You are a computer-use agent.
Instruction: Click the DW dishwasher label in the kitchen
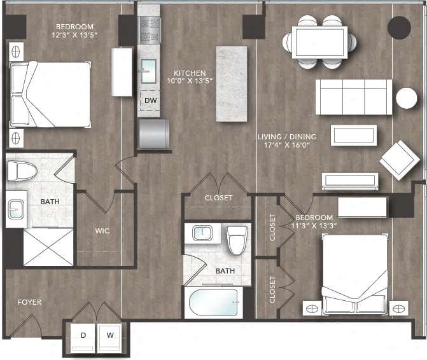pyautogui.click(x=150, y=100)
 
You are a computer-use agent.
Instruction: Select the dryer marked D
pyautogui.click(x=83, y=335)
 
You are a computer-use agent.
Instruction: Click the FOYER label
pyautogui.click(x=29, y=302)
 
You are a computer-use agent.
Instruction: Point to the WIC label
pyautogui.click(x=102, y=231)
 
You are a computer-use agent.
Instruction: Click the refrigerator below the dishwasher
pyautogui.click(x=154, y=134)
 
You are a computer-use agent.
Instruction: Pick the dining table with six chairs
pyautogui.click(x=320, y=41)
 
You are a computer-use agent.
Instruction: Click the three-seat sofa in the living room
pyautogui.click(x=354, y=97)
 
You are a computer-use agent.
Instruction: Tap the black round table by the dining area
pyautogui.click(x=400, y=27)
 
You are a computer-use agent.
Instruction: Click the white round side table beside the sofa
pyautogui.click(x=406, y=98)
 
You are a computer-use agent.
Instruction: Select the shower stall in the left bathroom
pyautogui.click(x=48, y=246)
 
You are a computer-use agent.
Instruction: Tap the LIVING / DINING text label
pyautogui.click(x=287, y=137)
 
